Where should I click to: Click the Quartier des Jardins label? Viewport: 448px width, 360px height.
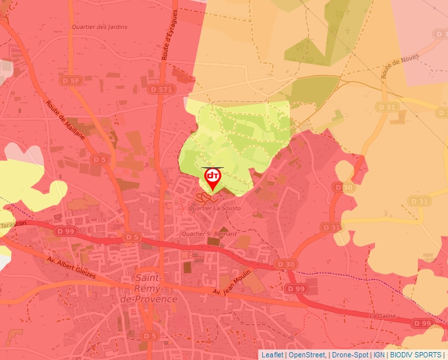[99, 27]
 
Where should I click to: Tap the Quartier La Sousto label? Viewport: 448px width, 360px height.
[214, 209]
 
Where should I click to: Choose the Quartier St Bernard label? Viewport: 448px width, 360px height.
[209, 234]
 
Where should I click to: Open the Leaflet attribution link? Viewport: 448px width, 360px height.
[272, 355]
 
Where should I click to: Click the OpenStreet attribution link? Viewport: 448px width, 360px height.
[306, 355]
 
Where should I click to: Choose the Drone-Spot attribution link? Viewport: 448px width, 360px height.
[350, 355]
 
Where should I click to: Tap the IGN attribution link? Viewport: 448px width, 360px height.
[379, 355]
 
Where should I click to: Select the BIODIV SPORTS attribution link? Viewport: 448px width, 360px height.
[416, 355]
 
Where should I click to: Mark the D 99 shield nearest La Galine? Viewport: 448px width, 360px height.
[422, 323]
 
